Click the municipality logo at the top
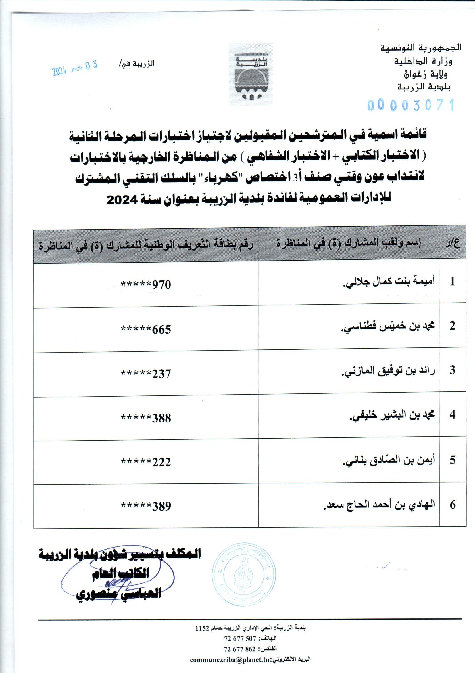click(251, 74)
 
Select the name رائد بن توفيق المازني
click(389, 370)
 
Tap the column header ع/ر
click(453, 244)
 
